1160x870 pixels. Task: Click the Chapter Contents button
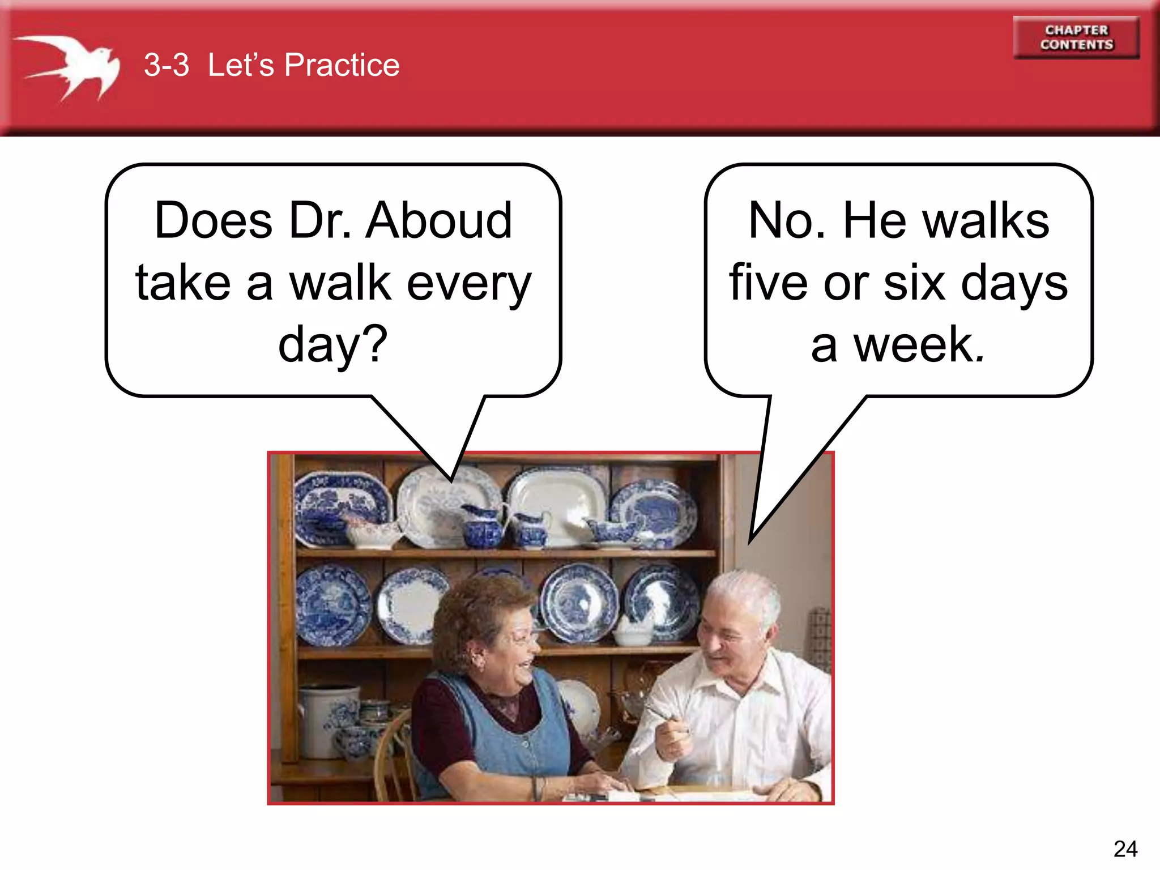[x=1076, y=37]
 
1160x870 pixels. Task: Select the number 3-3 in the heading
[x=166, y=65]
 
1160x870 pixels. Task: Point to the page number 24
[x=1125, y=848]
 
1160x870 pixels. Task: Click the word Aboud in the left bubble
[x=439, y=221]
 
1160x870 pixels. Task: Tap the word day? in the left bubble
[x=333, y=344]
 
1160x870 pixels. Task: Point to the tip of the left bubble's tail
[x=451, y=480]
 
